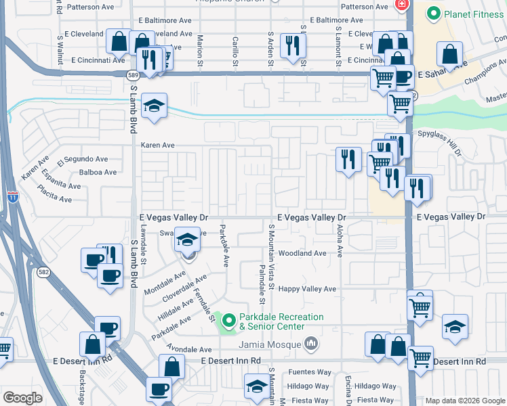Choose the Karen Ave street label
157,145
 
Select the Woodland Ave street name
302,253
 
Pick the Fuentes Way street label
308,372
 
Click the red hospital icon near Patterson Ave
401,5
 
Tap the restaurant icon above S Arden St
293,46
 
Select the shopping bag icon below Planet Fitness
449,54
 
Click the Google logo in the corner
22,398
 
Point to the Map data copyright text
464,401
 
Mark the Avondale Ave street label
190,350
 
